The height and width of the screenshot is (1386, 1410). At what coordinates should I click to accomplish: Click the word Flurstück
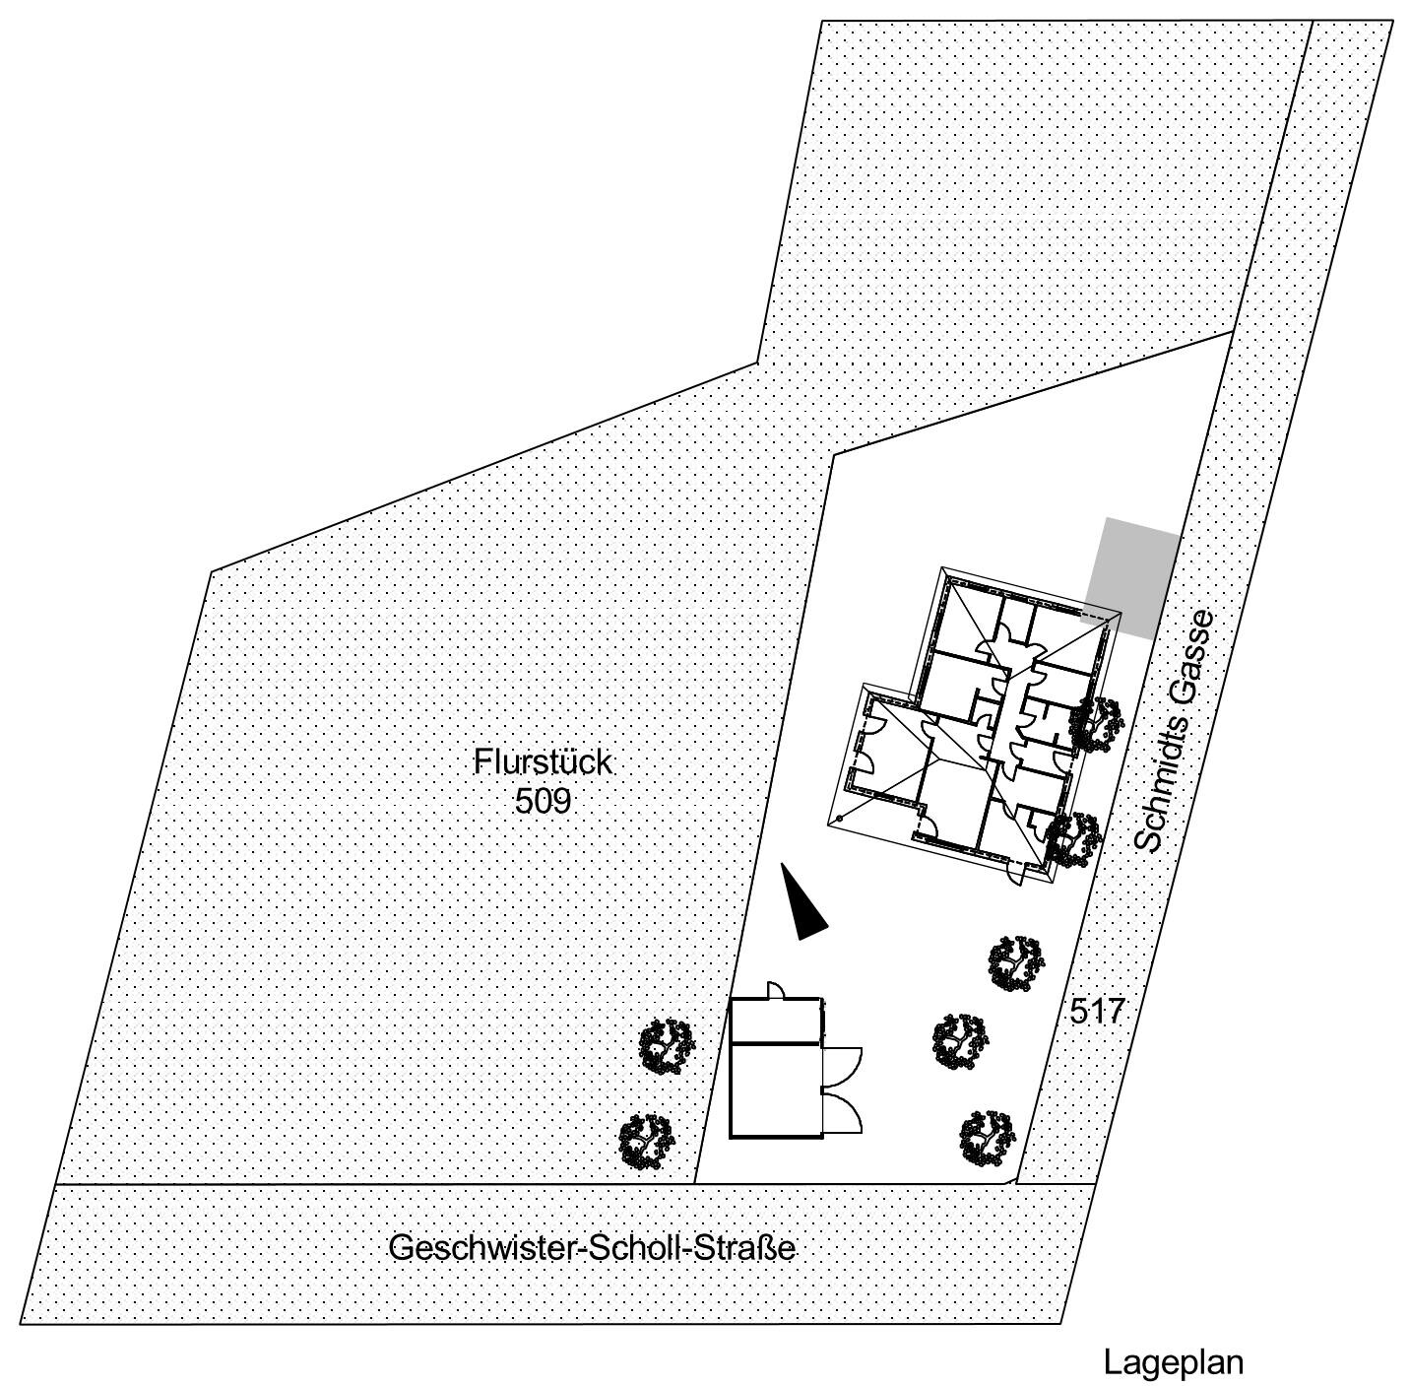(x=543, y=762)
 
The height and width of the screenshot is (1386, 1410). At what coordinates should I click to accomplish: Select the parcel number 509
(x=543, y=801)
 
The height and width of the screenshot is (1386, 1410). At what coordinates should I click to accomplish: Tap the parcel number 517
(x=1097, y=1011)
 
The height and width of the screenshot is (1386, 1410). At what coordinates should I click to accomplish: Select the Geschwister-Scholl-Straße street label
(x=593, y=1248)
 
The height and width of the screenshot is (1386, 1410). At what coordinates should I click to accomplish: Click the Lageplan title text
(x=1173, y=1362)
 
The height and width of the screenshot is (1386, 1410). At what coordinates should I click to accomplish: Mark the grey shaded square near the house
(x=1131, y=577)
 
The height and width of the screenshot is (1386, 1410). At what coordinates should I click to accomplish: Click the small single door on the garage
(x=776, y=989)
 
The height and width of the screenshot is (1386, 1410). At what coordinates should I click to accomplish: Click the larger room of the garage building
(x=775, y=1089)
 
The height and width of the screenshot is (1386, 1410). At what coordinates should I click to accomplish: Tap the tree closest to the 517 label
(x=1016, y=962)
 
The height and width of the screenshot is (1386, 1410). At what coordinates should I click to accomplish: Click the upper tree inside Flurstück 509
(x=667, y=1045)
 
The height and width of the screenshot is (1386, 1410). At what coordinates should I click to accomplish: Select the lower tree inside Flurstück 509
(x=646, y=1141)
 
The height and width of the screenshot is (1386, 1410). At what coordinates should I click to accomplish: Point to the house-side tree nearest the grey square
(x=1096, y=724)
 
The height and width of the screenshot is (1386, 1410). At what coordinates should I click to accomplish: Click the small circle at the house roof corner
(x=840, y=819)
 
